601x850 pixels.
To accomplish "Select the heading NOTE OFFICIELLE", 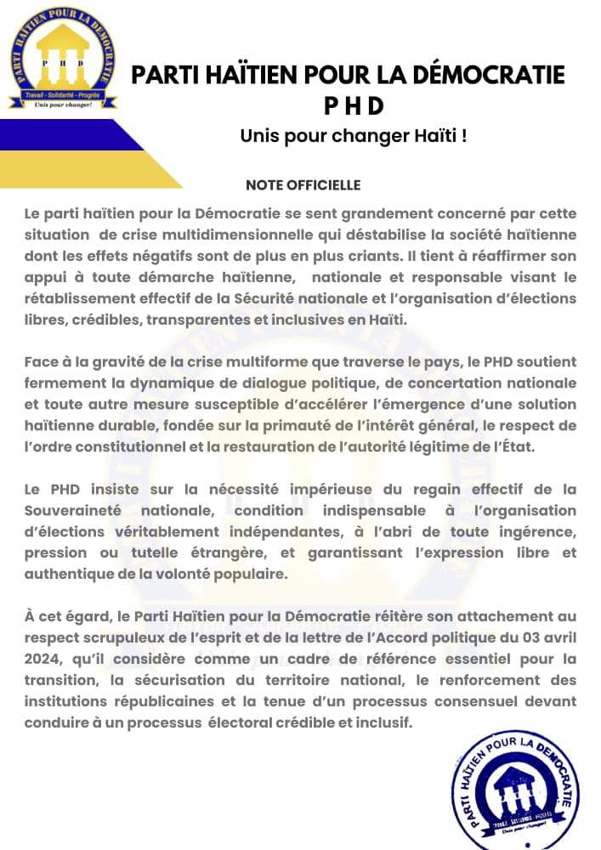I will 303,185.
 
